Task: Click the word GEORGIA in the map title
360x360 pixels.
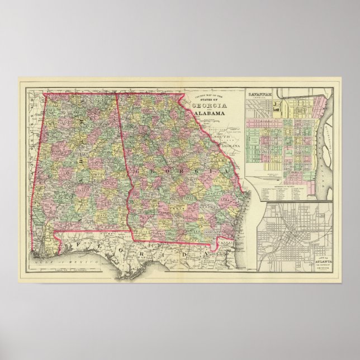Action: pos(210,106)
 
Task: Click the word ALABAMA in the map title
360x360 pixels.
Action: pos(210,113)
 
